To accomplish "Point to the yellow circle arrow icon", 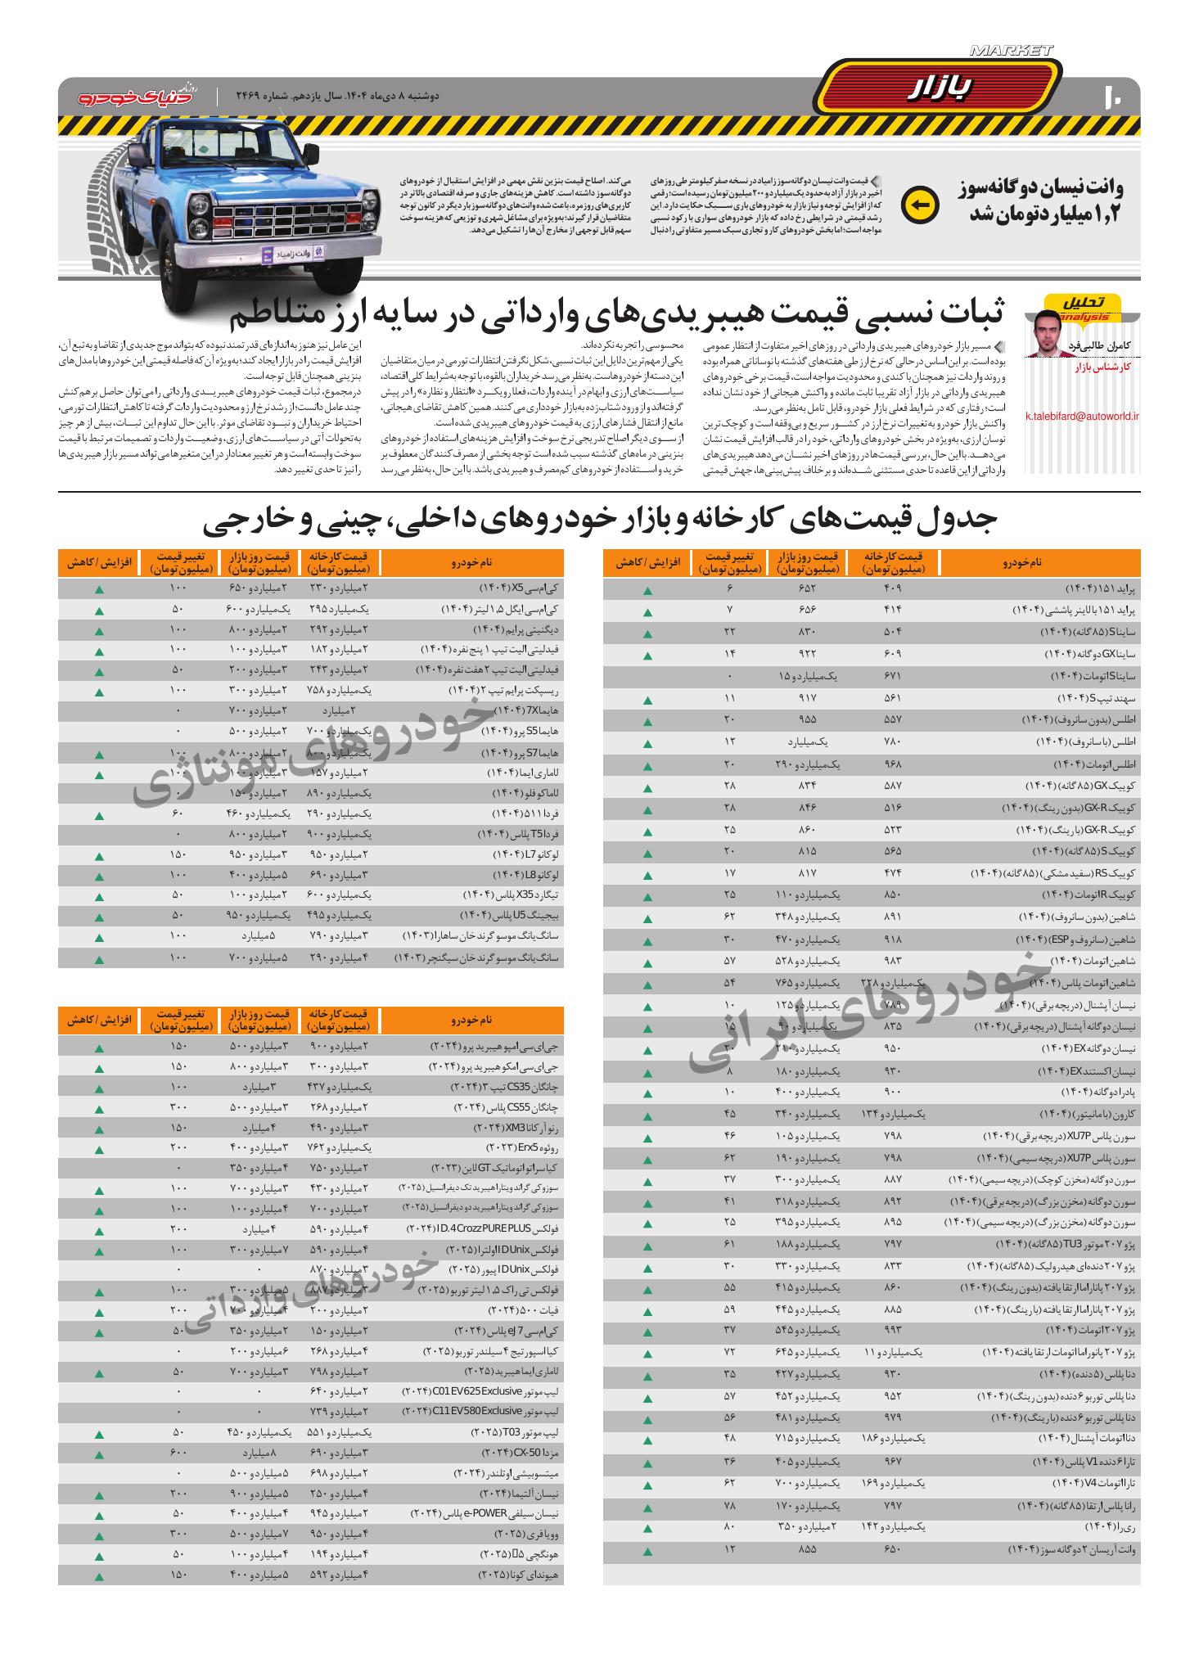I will [x=919, y=205].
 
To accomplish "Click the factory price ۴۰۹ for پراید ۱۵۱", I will [x=893, y=589].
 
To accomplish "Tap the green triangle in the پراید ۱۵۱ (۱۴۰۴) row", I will [x=647, y=590].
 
